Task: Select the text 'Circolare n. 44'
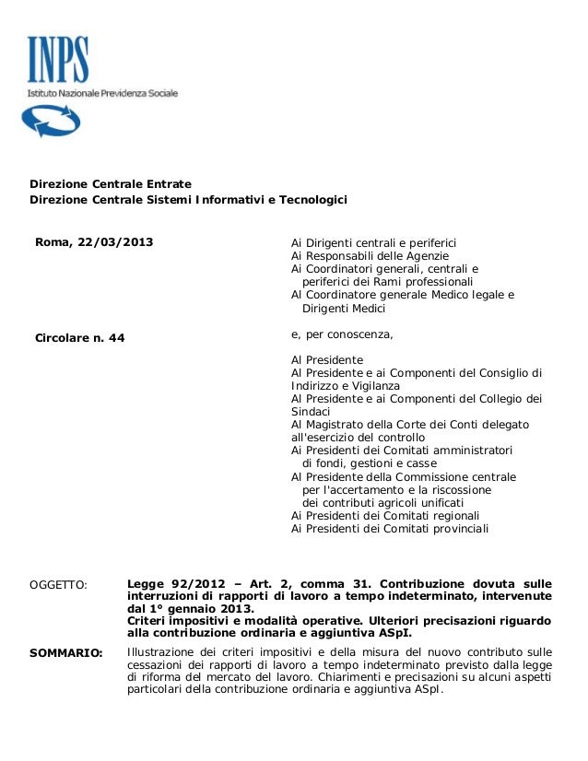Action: (79, 338)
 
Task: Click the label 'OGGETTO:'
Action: (59, 584)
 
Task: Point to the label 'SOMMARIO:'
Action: (66, 653)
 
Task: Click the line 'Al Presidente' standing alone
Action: (327, 359)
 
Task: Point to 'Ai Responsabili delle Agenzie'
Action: (370, 256)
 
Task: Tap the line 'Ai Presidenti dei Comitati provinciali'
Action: (390, 529)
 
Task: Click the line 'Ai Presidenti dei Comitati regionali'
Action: (384, 516)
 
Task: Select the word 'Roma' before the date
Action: (52, 243)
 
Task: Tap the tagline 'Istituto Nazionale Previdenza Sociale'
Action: (101, 93)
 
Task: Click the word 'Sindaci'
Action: (311, 411)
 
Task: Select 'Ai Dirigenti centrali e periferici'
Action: (374, 243)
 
